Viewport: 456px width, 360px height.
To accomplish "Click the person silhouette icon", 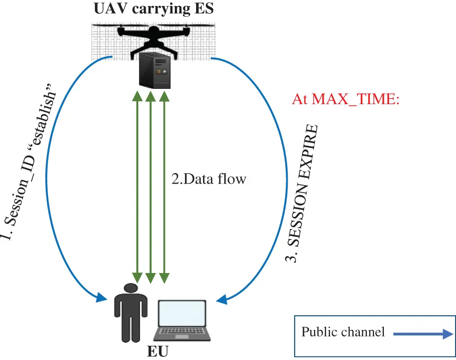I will click(131, 312).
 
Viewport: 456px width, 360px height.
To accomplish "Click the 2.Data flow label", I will click(209, 179).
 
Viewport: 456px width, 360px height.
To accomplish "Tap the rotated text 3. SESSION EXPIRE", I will click(303, 194).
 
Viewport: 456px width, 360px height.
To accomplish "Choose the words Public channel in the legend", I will click(343, 332).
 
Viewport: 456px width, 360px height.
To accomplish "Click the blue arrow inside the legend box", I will click(421, 334).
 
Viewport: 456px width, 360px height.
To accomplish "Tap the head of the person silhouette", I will click(131, 288).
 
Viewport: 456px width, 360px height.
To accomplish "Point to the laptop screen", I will click(182, 313).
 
